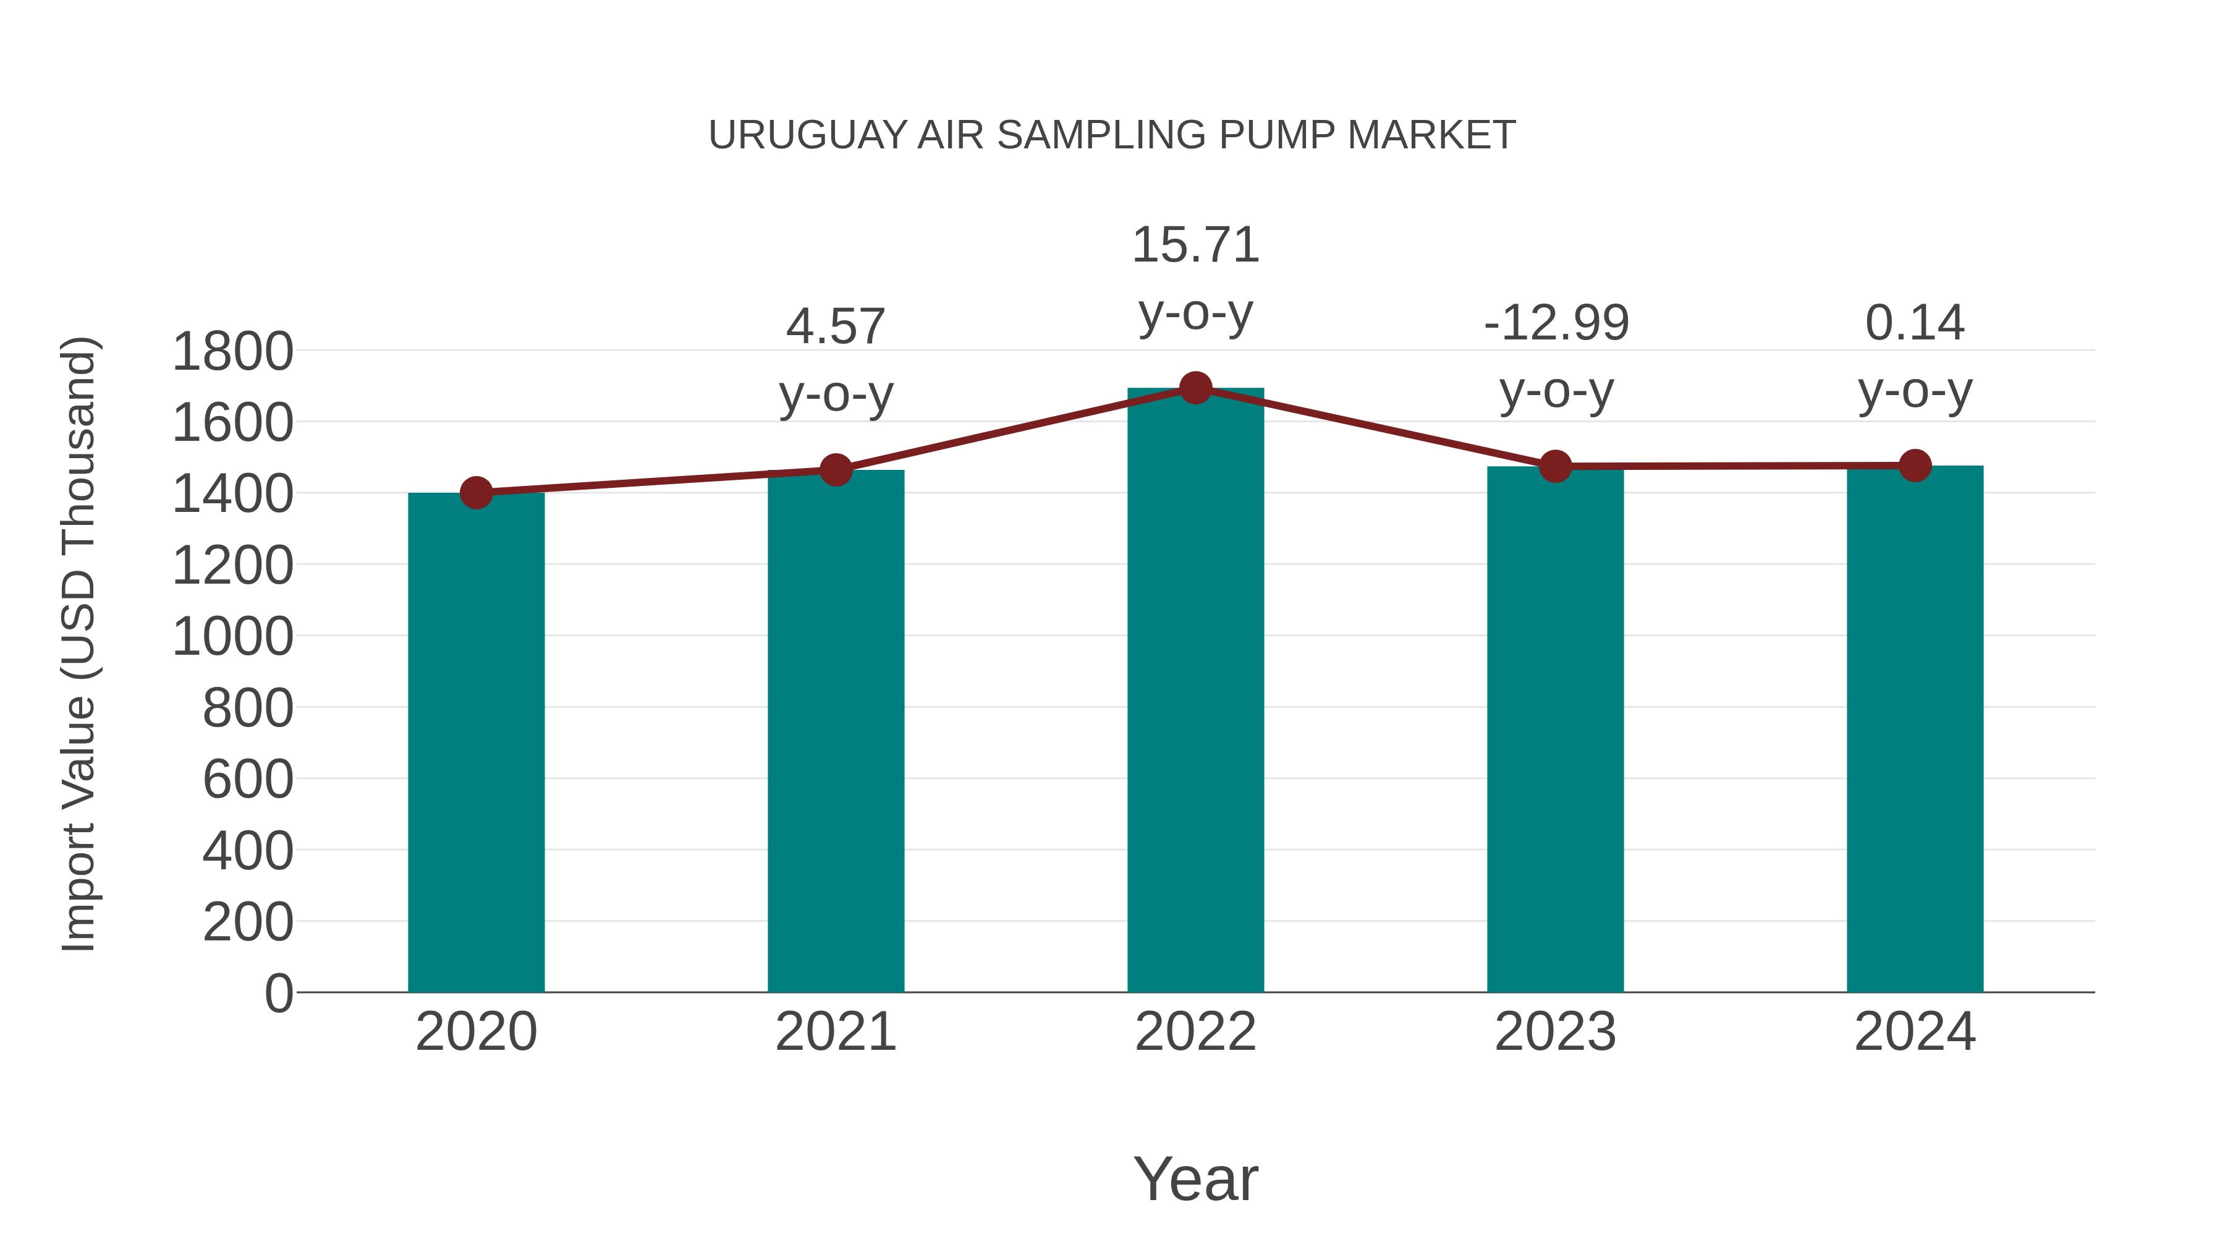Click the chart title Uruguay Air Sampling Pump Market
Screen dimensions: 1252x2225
tap(1112, 135)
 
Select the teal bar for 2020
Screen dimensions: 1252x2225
tap(476, 743)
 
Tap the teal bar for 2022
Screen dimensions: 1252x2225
tap(1195, 691)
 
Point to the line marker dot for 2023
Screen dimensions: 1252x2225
tap(1555, 467)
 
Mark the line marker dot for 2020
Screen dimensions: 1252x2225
tap(476, 493)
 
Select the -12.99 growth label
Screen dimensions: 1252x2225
tap(1556, 323)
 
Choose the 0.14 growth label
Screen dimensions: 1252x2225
tap(1915, 323)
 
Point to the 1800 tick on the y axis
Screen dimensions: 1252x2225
tap(232, 352)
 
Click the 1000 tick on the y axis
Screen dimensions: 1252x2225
tap(232, 637)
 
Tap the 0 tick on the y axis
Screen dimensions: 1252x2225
tap(279, 993)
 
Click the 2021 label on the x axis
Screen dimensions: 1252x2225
tap(835, 1032)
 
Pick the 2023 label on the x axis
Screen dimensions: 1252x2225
tap(1555, 1032)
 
